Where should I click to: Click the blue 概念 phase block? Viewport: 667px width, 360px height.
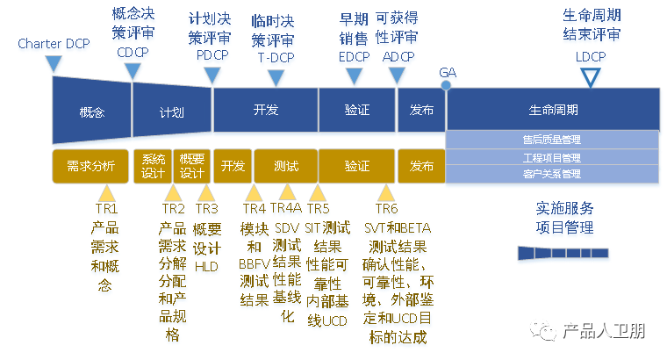(91, 111)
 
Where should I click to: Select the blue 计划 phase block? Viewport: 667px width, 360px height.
(172, 111)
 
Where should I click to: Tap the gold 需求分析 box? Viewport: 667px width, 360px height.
(90, 165)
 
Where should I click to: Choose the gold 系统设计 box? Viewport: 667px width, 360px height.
(154, 165)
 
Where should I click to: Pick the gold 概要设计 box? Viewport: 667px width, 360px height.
(191, 165)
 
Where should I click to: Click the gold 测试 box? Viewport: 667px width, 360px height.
(285, 165)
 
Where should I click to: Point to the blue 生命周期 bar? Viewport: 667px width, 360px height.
(553, 111)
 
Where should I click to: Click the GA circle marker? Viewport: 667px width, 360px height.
(447, 86)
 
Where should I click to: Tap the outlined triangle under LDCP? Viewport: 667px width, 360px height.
(591, 77)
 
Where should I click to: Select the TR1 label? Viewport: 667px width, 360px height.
(106, 209)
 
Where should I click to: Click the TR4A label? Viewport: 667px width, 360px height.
(285, 208)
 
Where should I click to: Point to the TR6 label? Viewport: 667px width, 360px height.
(386, 209)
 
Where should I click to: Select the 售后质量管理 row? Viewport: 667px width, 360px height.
(552, 139)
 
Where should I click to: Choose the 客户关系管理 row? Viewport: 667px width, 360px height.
(552, 174)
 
